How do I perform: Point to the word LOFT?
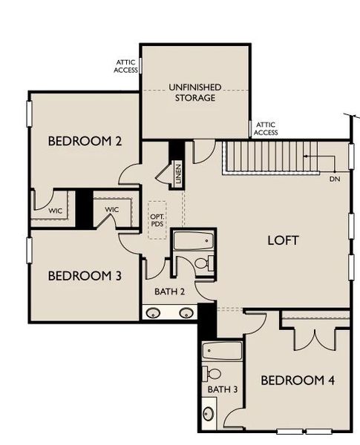tap(282, 240)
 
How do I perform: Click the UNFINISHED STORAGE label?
tap(195, 91)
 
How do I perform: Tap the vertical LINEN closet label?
tap(178, 175)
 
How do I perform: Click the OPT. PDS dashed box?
tap(157, 220)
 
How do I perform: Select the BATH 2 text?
tap(170, 291)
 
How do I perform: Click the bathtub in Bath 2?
tap(193, 242)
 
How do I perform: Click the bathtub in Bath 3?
tap(223, 351)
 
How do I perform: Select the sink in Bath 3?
tap(209, 413)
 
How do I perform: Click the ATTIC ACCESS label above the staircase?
tap(266, 129)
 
